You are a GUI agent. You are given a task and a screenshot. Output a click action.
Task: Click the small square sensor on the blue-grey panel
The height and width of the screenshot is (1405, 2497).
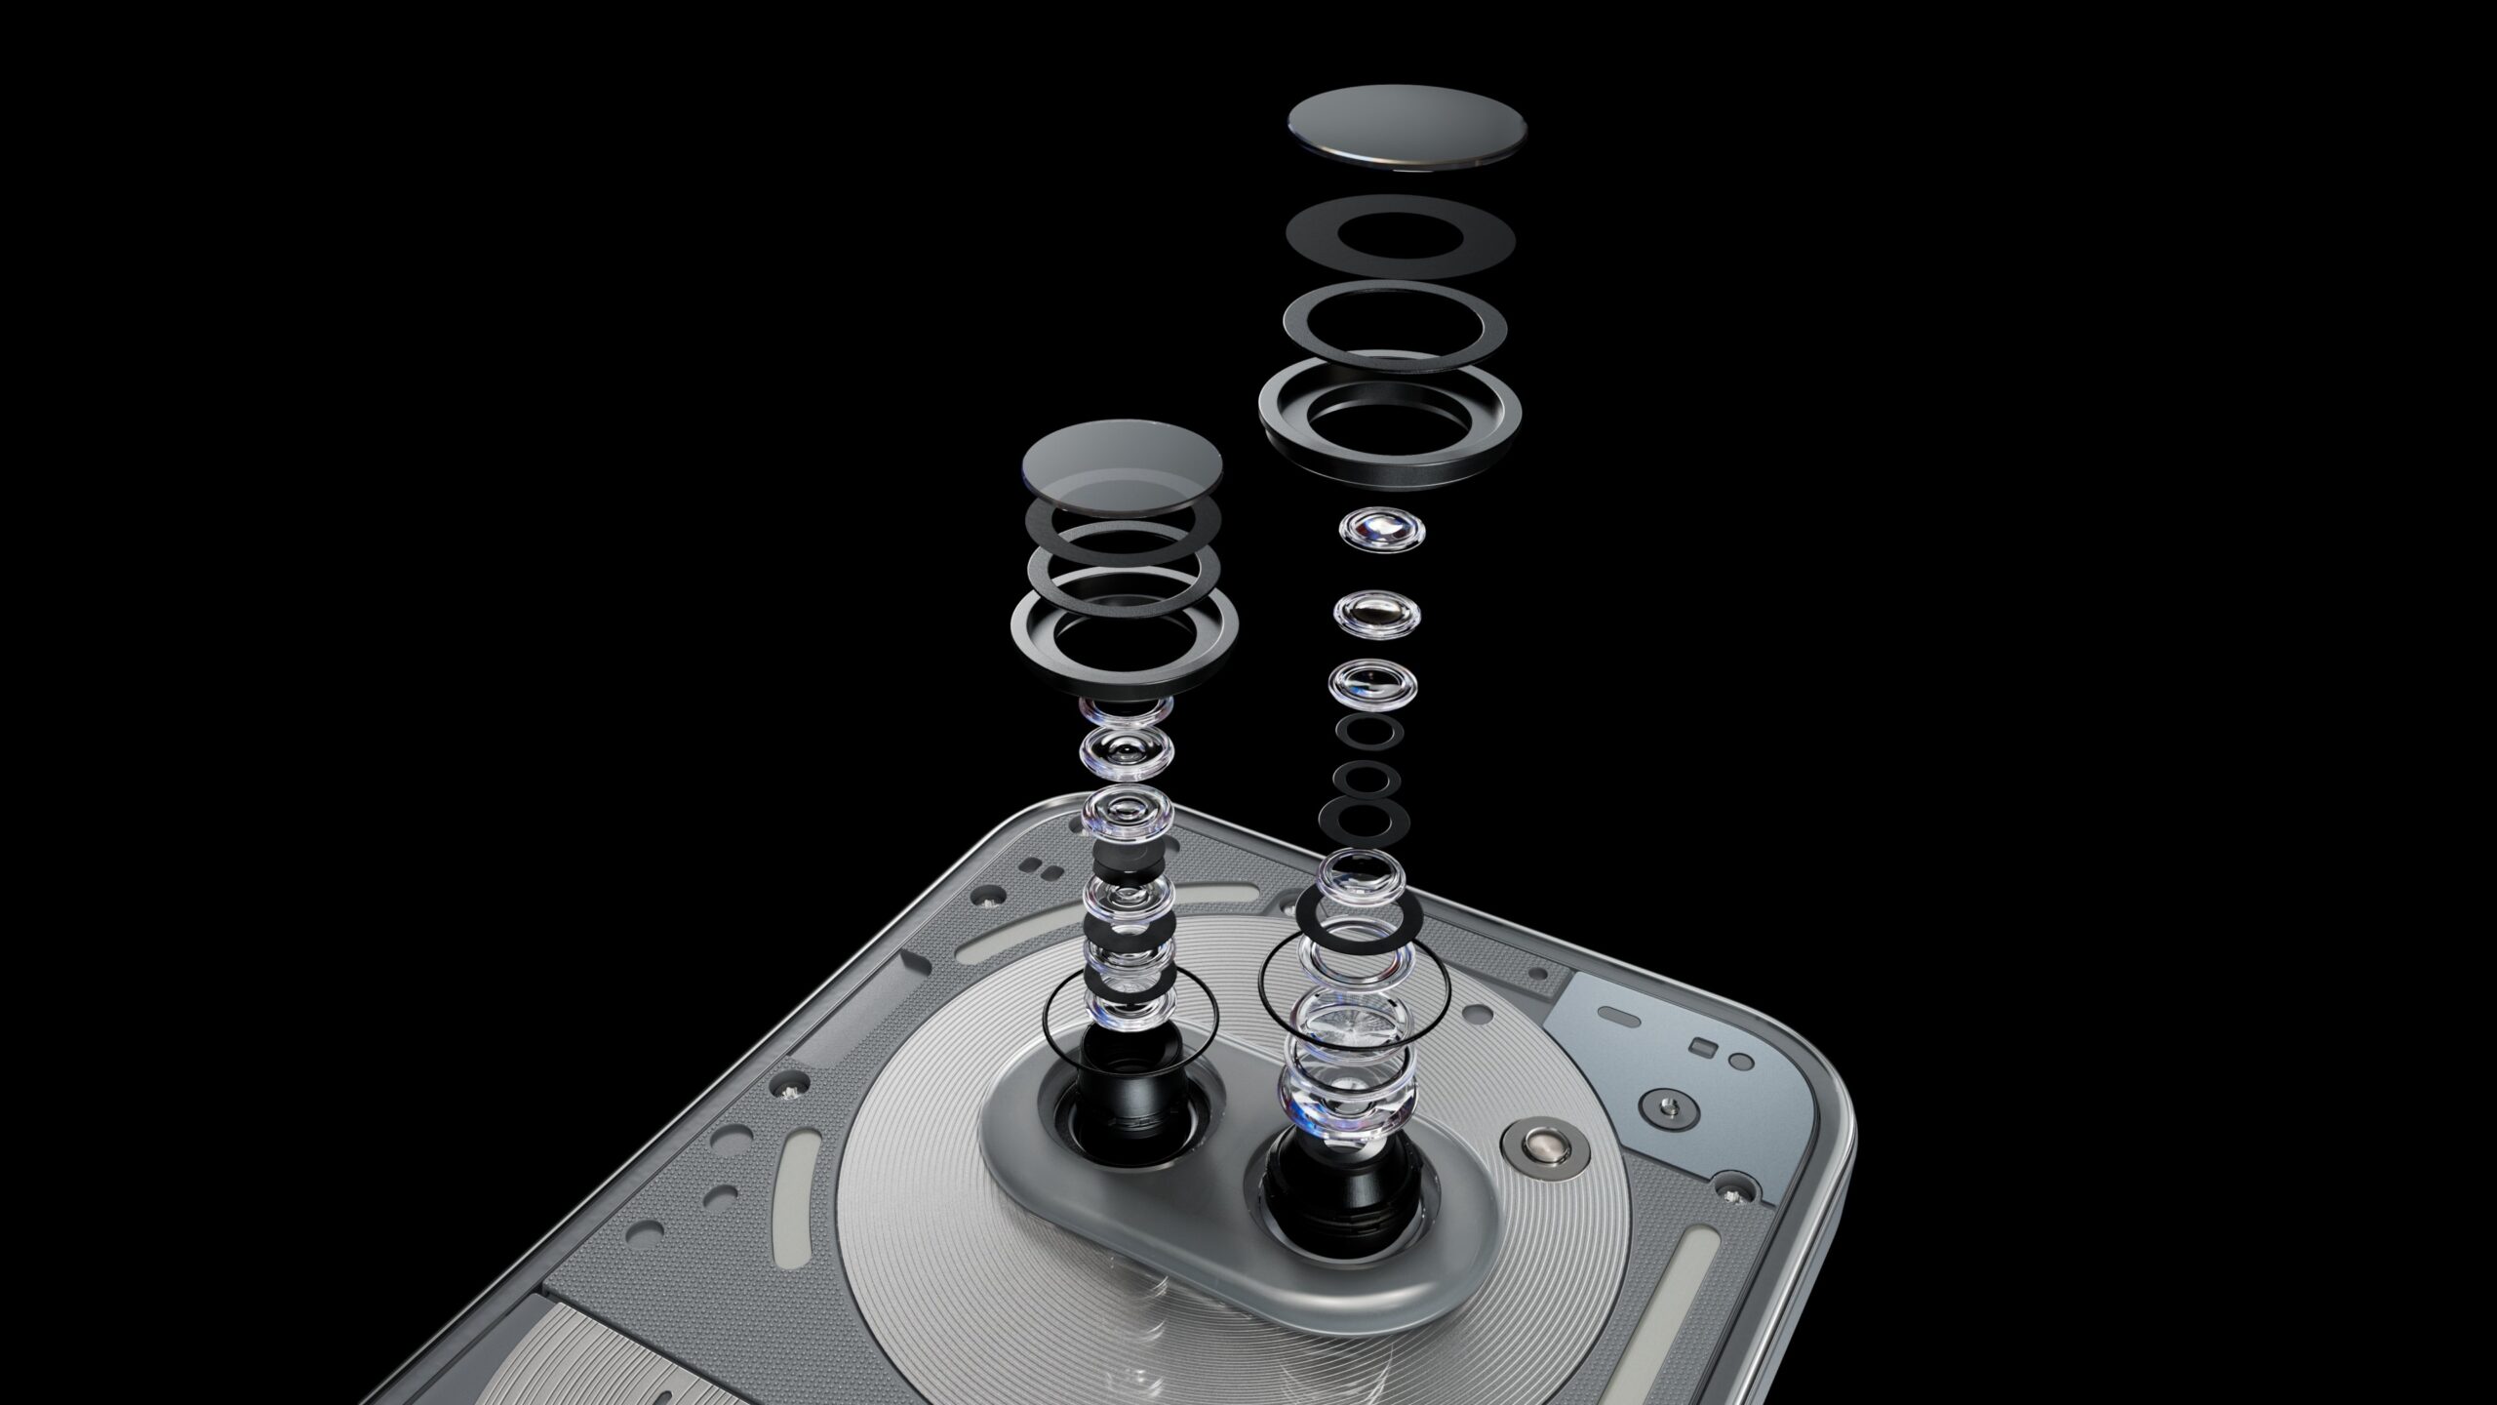tap(1705, 1047)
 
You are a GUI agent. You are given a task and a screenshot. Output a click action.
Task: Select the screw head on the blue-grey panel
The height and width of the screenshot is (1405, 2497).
tap(1671, 1104)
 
